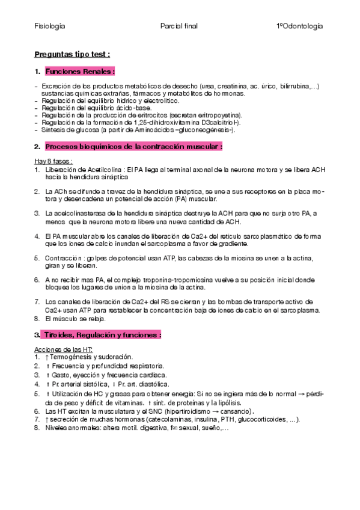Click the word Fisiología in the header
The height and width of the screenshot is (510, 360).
pyautogui.click(x=50, y=26)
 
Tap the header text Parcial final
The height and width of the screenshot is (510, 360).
pyautogui.click(x=179, y=26)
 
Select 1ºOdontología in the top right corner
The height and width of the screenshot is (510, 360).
pyautogui.click(x=299, y=26)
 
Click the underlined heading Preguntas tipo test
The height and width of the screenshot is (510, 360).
pyautogui.click(x=72, y=54)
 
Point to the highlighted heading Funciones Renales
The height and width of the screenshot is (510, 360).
pyautogui.click(x=79, y=71)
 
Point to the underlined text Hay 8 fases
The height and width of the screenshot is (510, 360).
pyautogui.click(x=53, y=162)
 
